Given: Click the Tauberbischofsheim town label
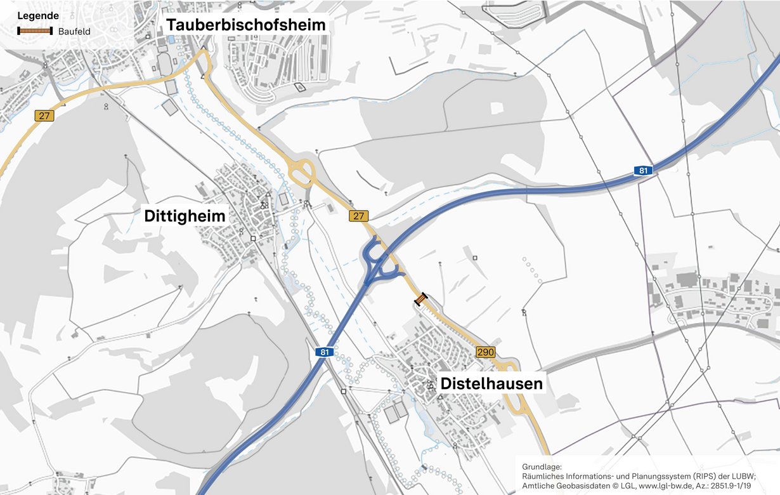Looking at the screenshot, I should point(246,25).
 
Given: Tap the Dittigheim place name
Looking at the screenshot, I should point(185,216).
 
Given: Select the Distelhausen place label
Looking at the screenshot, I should point(491,383).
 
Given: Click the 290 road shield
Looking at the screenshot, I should point(485,352).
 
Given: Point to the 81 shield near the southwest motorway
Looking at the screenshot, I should point(325,352).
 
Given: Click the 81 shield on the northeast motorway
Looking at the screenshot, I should point(643,171).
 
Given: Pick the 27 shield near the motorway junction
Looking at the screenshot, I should point(358,216).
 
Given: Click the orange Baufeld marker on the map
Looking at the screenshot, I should point(421,298).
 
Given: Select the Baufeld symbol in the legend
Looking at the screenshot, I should point(35,30).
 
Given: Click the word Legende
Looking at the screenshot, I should point(38,15).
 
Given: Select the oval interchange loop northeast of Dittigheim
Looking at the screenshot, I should point(301,170).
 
